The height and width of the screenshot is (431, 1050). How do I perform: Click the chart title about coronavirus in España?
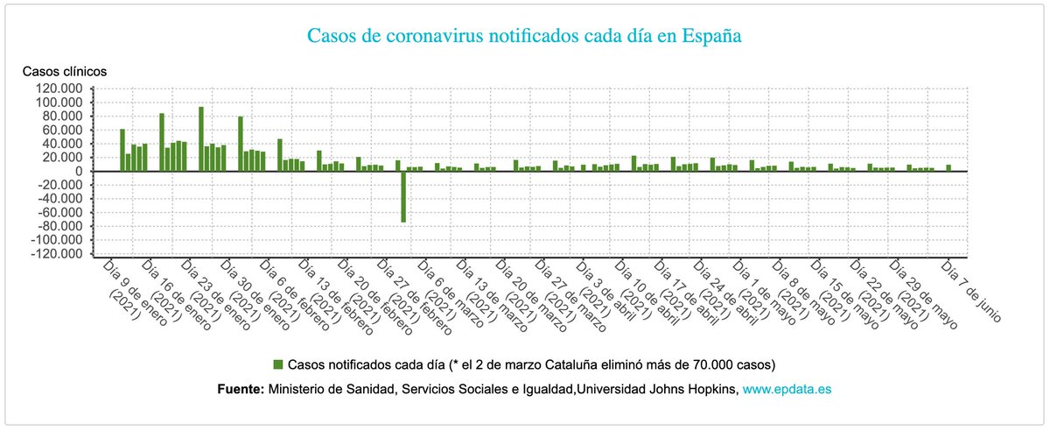[524, 37]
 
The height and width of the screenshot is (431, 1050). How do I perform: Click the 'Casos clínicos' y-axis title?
[64, 70]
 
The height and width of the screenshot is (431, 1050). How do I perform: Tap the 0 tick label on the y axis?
[78, 172]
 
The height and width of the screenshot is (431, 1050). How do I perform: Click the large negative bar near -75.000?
[403, 197]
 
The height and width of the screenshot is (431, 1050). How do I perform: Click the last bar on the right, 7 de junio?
[948, 167]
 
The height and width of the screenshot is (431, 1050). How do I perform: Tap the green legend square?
[278, 364]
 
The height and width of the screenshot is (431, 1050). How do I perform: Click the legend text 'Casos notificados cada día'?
[367, 364]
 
